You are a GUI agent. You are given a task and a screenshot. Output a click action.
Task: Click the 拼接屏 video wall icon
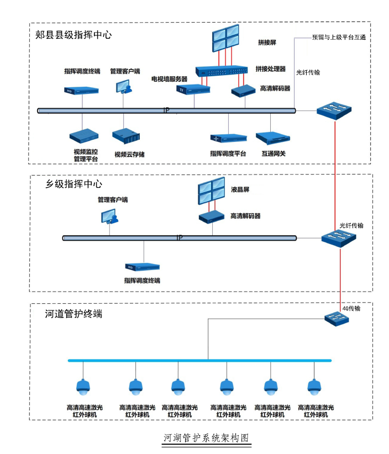(x=225, y=38)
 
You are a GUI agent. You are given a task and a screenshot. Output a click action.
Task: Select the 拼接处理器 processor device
(x=222, y=71)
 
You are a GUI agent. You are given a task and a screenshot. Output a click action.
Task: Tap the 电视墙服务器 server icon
(x=193, y=89)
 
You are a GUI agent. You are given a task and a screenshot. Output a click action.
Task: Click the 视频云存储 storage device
(x=126, y=136)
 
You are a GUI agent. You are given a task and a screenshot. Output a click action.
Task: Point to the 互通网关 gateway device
(x=273, y=138)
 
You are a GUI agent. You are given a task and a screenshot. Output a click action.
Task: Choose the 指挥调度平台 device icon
(x=229, y=138)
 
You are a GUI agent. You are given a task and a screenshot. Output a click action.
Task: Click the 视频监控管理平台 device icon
(x=84, y=136)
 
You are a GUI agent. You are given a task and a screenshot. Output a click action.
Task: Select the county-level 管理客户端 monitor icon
(x=124, y=87)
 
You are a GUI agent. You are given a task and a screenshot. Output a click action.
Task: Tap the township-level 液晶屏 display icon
(x=212, y=191)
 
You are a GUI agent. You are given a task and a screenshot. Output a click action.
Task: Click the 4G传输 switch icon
(x=337, y=319)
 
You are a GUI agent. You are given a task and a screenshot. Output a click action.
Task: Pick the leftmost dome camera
(x=83, y=387)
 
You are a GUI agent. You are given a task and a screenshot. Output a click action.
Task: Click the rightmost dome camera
(x=314, y=387)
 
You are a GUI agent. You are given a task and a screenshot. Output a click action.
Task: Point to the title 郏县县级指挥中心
(x=73, y=35)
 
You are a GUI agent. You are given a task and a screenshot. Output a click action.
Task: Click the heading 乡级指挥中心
(x=73, y=184)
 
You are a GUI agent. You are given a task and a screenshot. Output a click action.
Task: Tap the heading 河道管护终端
(x=73, y=314)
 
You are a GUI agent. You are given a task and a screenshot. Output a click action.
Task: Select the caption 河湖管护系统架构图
(x=206, y=438)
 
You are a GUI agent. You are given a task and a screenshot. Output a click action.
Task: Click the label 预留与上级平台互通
(x=339, y=38)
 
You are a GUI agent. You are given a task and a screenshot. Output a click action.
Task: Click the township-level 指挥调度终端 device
(x=142, y=267)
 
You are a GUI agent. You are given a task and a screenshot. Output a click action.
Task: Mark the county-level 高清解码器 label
(x=275, y=88)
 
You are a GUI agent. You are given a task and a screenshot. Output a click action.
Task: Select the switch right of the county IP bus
(x=334, y=110)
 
